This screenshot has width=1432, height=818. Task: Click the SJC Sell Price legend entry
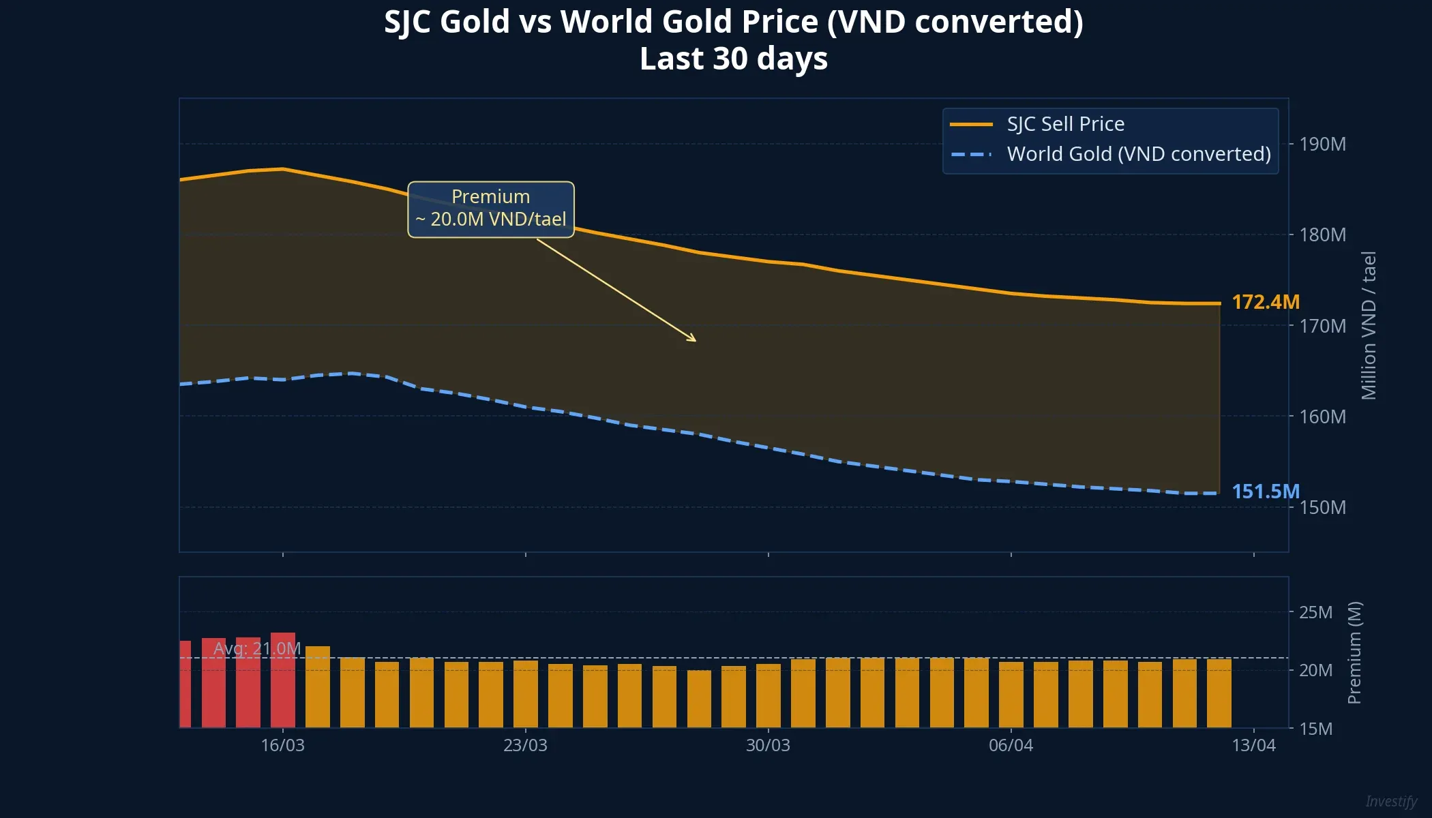pyautogui.click(x=1065, y=124)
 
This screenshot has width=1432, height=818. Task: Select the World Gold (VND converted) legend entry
pyautogui.click(x=1138, y=154)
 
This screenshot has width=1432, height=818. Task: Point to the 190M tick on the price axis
pyautogui.click(x=1322, y=145)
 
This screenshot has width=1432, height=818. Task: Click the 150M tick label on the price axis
pyautogui.click(x=1322, y=507)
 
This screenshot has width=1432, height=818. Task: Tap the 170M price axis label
pyautogui.click(x=1322, y=326)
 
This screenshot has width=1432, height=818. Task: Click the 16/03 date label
pyautogui.click(x=282, y=745)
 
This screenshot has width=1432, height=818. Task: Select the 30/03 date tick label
pyautogui.click(x=768, y=745)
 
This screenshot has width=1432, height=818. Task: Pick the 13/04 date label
pyautogui.click(x=1253, y=745)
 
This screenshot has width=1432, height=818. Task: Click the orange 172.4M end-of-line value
pyautogui.click(x=1265, y=302)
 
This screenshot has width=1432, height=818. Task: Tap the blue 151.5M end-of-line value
pyautogui.click(x=1265, y=491)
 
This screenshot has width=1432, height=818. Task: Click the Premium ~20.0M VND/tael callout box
pyautogui.click(x=491, y=209)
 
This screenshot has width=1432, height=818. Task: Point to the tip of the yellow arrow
pyautogui.click(x=695, y=340)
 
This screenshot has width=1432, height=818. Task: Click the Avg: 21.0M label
pyautogui.click(x=257, y=648)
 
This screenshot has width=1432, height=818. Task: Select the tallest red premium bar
pyautogui.click(x=282, y=680)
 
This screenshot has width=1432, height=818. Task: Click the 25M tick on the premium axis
pyautogui.click(x=1315, y=612)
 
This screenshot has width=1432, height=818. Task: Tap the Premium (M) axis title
pyautogui.click(x=1354, y=652)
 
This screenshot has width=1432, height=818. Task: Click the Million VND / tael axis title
pyautogui.click(x=1369, y=325)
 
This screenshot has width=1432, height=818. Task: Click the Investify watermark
pyautogui.click(x=1391, y=801)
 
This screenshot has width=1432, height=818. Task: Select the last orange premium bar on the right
pyautogui.click(x=1219, y=693)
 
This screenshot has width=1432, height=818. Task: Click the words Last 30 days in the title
pyautogui.click(x=733, y=59)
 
